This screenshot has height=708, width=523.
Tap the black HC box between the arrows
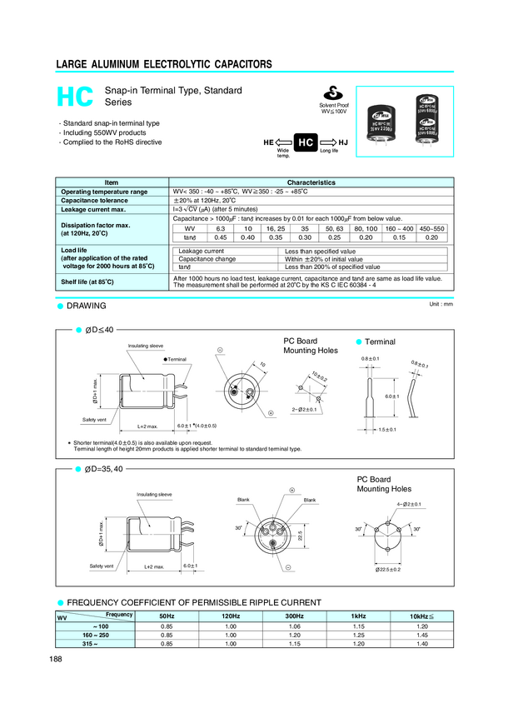pyautogui.click(x=305, y=143)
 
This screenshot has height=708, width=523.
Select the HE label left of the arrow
pyautogui.click(x=268, y=143)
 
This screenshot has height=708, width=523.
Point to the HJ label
pyautogui.click(x=343, y=143)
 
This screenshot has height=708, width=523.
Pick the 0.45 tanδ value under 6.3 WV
pyautogui.click(x=221, y=237)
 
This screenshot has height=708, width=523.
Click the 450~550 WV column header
pyautogui.click(x=431, y=227)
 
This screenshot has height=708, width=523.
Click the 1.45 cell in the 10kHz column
pyautogui.click(x=421, y=635)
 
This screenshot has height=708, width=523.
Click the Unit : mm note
pyautogui.click(x=440, y=305)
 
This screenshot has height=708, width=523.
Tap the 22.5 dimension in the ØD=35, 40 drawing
pyautogui.click(x=298, y=534)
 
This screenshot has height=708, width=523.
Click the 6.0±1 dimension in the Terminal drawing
pyautogui.click(x=392, y=396)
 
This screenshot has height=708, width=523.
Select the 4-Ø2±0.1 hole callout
pyautogui.click(x=409, y=505)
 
